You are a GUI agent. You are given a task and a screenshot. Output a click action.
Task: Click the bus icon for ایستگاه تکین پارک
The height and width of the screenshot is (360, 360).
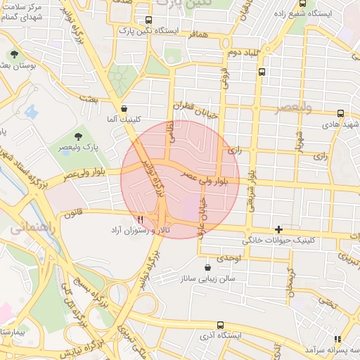click(x=148, y=20)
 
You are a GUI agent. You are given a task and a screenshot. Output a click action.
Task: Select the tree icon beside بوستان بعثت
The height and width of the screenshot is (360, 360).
click(x=14, y=54)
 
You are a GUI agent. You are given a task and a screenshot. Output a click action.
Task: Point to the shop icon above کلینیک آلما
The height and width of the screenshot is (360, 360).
click(x=124, y=109)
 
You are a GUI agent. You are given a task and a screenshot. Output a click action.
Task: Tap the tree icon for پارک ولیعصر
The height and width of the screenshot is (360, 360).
click(x=78, y=136)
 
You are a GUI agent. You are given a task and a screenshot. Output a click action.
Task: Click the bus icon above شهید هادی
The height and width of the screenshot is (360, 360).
click(x=340, y=112)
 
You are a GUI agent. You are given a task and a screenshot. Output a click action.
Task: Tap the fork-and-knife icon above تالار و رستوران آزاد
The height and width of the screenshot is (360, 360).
click(x=141, y=219)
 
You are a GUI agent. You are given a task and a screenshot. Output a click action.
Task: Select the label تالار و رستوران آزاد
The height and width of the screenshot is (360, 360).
click(x=139, y=231)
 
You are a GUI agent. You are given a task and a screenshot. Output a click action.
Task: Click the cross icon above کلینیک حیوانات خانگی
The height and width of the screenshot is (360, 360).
click(x=279, y=229)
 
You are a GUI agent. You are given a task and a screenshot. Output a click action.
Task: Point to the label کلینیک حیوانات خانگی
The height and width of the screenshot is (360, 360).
click(x=279, y=240)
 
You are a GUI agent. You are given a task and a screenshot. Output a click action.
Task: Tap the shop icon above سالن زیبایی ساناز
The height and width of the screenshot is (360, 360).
click(x=207, y=267)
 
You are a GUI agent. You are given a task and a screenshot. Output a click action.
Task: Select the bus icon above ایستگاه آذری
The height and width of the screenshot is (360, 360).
click(x=221, y=325)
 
